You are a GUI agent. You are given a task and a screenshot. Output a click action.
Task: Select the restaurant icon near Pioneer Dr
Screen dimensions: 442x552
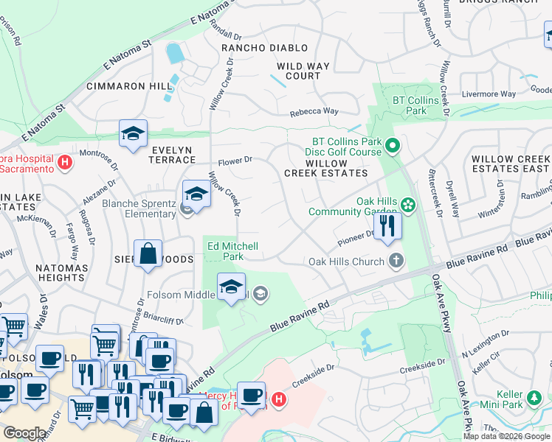click(x=387, y=225)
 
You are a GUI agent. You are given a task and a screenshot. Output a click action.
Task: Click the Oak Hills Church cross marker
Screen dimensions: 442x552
click(x=396, y=261)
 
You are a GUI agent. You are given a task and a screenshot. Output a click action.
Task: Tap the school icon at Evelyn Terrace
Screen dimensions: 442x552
click(x=133, y=133)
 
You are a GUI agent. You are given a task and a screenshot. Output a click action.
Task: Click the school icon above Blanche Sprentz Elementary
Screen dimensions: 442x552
click(x=196, y=194)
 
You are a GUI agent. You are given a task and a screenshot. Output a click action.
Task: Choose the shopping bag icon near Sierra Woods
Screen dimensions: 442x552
click(x=148, y=253)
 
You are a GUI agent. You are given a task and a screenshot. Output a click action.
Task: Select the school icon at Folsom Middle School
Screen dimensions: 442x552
click(x=231, y=286)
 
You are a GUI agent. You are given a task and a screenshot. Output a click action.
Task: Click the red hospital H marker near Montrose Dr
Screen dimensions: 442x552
click(x=65, y=162)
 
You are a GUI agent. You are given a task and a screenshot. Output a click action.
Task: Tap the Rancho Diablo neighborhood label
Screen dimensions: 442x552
click(x=265, y=48)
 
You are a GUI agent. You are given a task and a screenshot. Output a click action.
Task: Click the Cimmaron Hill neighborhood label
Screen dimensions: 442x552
click(x=129, y=86)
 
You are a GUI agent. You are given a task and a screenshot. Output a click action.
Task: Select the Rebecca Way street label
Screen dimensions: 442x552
click(x=314, y=111)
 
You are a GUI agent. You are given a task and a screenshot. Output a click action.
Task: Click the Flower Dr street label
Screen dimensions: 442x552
click(x=235, y=158)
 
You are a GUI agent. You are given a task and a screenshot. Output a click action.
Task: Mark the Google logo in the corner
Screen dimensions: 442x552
click(x=25, y=433)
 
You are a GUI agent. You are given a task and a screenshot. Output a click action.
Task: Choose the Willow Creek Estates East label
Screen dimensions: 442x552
click(x=511, y=164)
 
